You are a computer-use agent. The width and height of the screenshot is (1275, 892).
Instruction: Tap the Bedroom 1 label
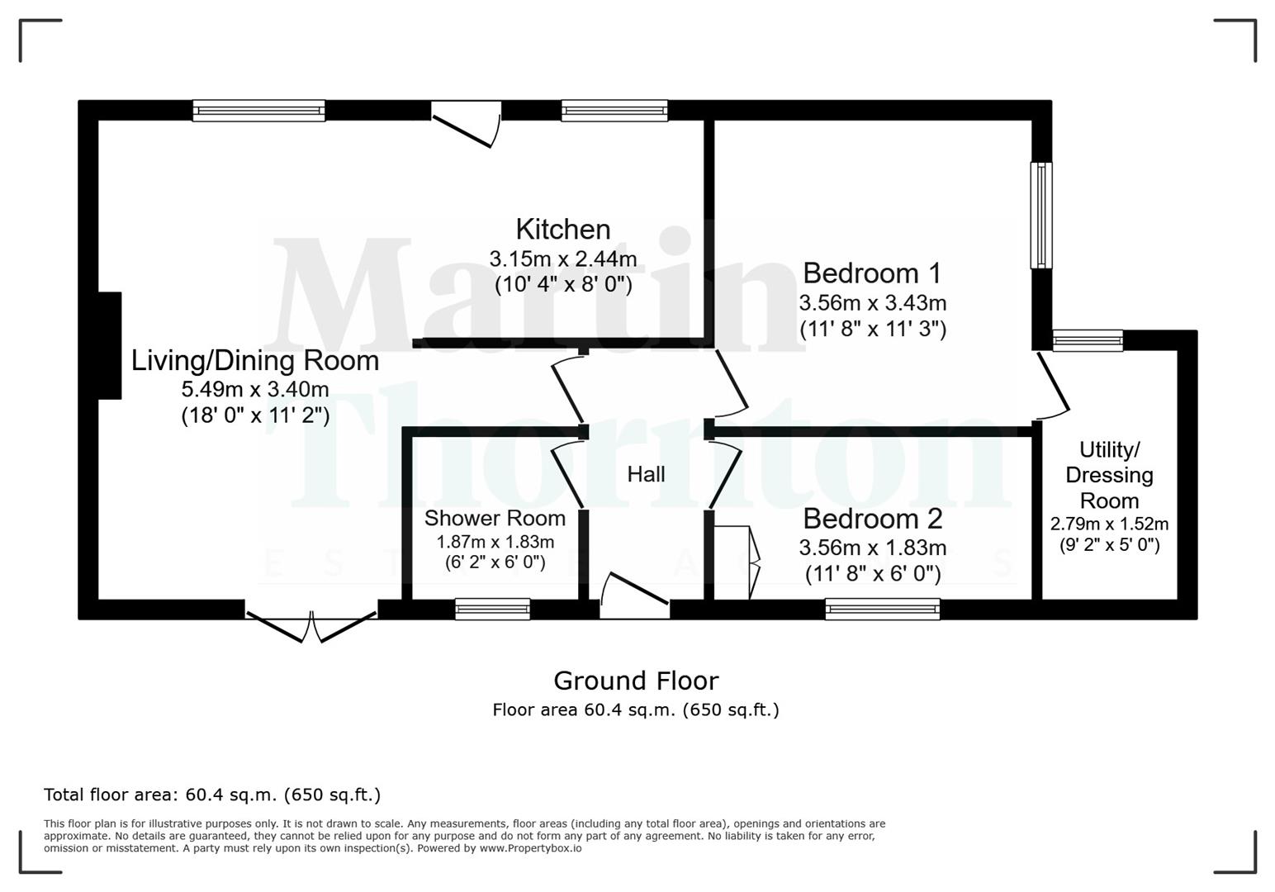tap(872, 273)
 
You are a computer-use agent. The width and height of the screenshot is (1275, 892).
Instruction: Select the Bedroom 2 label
tap(872, 519)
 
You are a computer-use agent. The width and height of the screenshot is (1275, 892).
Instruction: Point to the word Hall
tap(646, 474)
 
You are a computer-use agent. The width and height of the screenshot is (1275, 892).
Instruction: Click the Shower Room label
tap(495, 519)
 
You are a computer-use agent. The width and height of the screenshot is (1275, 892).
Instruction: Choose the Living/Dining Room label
tap(255, 361)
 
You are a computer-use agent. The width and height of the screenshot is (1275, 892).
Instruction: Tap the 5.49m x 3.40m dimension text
tap(255, 389)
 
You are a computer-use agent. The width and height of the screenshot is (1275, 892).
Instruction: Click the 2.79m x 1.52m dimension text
tap(1109, 524)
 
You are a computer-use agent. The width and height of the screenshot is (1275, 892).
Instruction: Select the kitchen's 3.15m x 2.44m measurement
tap(563, 259)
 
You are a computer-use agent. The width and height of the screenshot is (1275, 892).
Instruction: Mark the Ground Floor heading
tap(636, 681)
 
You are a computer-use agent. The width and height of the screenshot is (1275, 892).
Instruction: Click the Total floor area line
tap(212, 795)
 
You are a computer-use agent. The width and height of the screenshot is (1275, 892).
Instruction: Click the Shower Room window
tap(492, 609)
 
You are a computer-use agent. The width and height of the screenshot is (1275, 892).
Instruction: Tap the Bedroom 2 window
tap(882, 609)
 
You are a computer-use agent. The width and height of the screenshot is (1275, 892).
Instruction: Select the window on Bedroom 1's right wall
tap(1041, 215)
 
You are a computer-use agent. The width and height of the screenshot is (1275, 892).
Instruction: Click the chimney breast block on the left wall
tap(110, 345)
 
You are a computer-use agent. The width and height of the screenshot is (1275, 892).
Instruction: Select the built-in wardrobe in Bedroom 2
tap(734, 562)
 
